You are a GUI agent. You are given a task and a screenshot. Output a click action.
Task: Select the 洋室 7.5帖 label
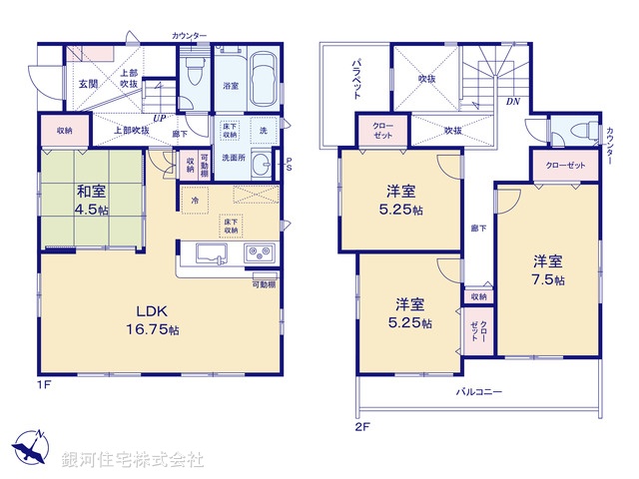tap(548, 270)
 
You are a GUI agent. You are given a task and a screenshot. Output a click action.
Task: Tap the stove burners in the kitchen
tap(260, 252)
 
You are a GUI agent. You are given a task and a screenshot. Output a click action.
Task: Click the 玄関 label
tap(87, 84)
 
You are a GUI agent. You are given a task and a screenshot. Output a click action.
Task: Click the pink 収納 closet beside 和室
tap(64, 131)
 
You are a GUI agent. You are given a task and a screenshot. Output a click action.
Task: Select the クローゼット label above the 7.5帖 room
tap(564, 166)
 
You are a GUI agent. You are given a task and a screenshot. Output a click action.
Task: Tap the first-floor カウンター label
tap(189, 36)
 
